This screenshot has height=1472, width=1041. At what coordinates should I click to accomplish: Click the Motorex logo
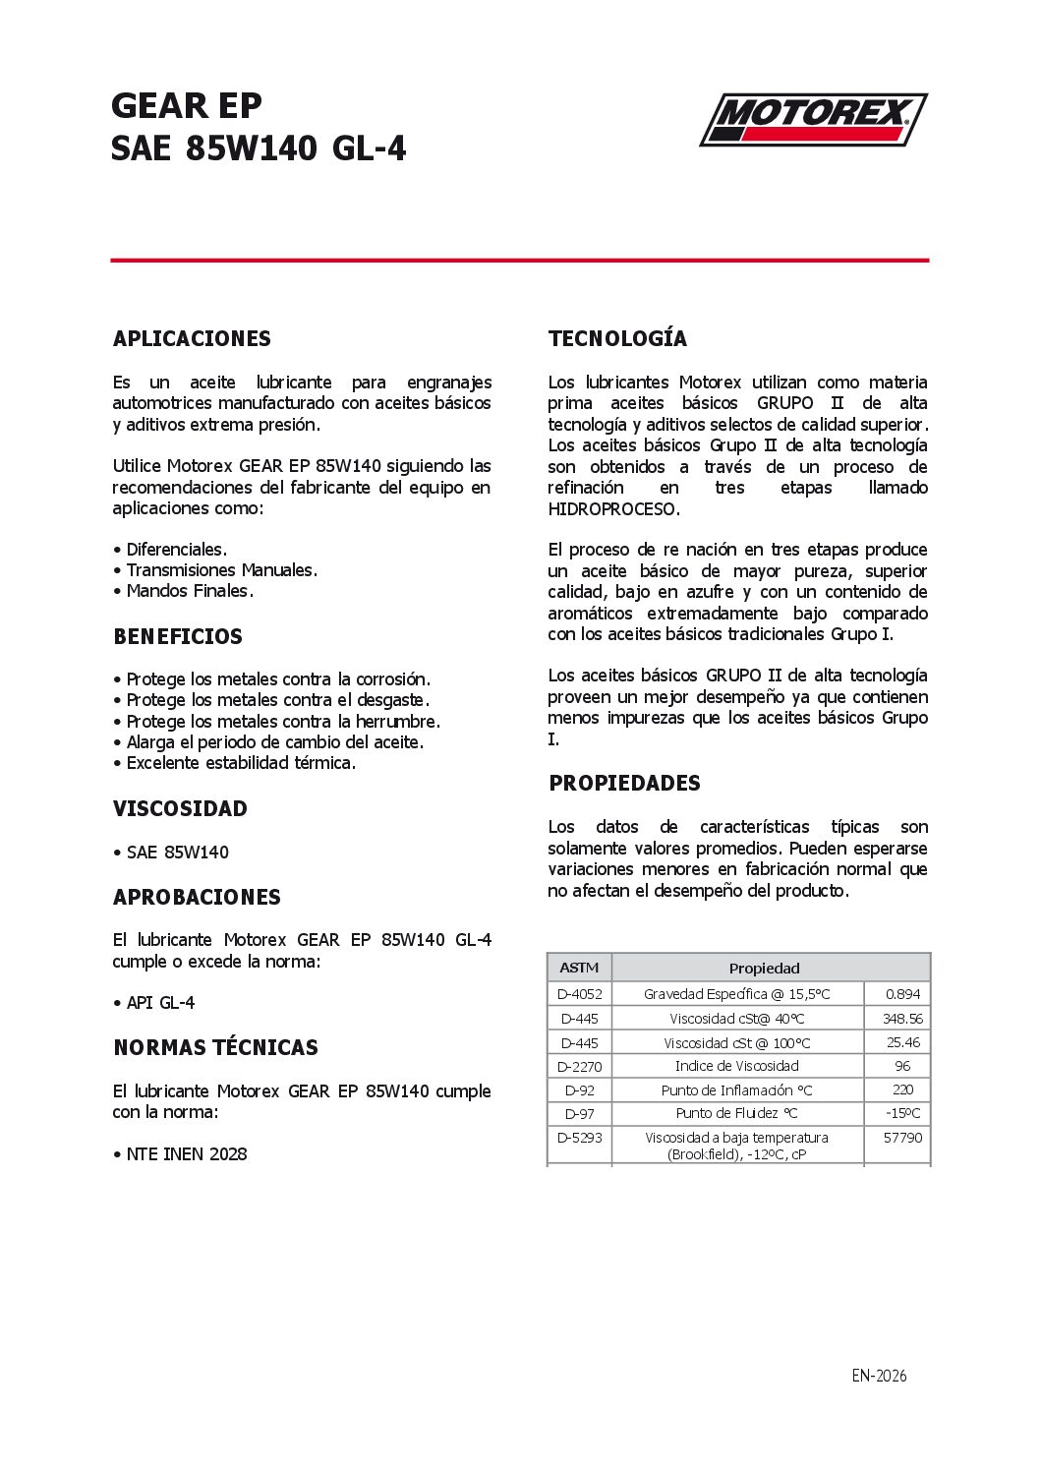point(813,120)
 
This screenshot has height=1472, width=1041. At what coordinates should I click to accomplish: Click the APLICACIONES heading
point(192,338)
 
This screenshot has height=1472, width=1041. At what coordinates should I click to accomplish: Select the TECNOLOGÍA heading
point(617,338)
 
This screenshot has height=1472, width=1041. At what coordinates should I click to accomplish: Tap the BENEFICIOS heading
point(178,636)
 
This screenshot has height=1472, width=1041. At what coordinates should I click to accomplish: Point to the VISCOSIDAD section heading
point(180,808)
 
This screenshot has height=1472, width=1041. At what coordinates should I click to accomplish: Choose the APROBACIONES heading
point(197,897)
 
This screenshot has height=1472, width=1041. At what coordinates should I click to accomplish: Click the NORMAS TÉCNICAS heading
point(215,1047)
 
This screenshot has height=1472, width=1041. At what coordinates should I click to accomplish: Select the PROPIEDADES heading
point(624,783)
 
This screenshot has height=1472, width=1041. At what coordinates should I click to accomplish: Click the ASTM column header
point(579,968)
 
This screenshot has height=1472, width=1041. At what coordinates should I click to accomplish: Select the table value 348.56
point(902,1019)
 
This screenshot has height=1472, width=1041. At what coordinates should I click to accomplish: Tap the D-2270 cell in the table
point(579,1066)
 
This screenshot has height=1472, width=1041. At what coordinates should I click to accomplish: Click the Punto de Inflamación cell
point(736,1089)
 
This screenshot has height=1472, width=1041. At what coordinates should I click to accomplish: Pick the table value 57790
point(902,1138)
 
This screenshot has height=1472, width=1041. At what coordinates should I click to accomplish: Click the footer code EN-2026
point(879,1376)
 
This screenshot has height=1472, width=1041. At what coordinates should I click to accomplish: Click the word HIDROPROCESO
point(613,509)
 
